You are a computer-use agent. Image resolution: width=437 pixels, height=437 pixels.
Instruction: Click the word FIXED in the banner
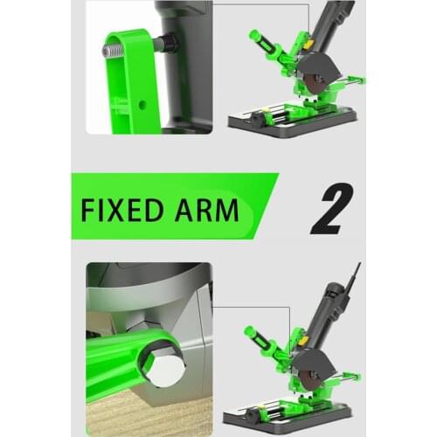[119, 211]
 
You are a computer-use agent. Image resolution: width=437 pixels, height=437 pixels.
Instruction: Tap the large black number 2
[329, 207]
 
